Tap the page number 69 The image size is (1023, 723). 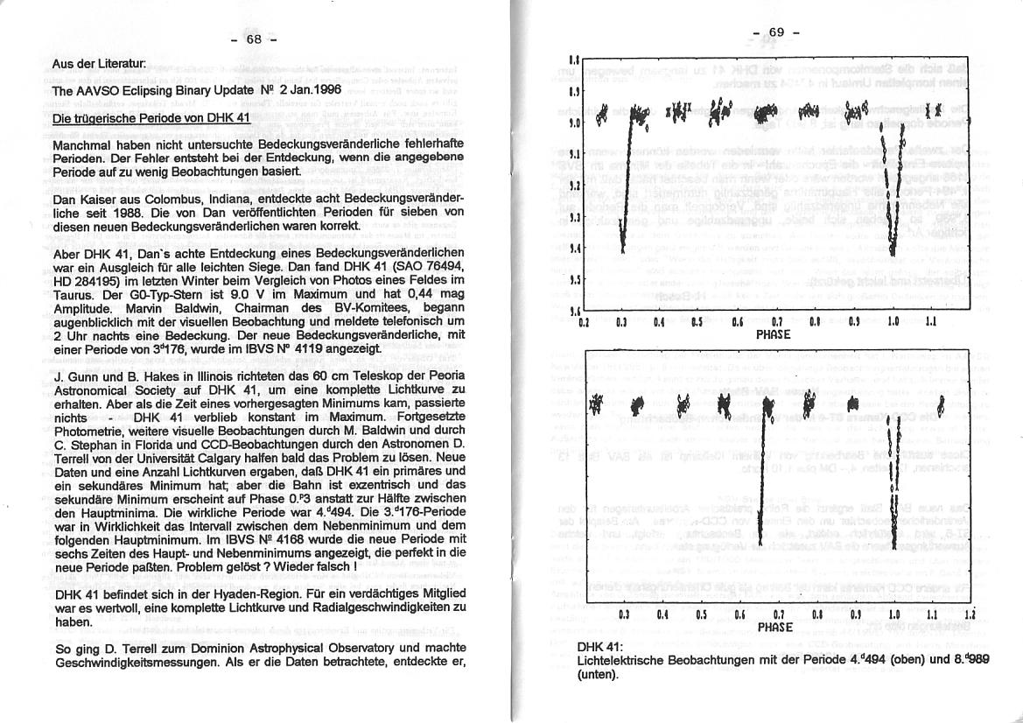click(775, 33)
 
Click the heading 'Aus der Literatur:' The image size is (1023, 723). click(99, 65)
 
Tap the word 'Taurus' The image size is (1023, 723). click(75, 296)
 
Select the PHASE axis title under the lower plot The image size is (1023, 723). click(774, 627)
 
